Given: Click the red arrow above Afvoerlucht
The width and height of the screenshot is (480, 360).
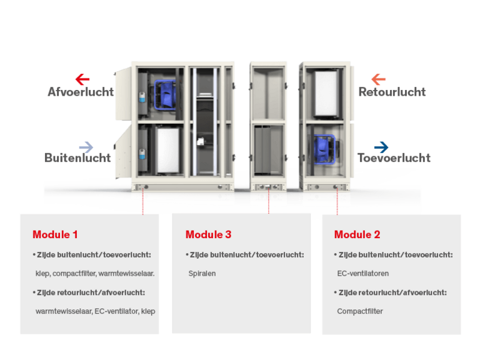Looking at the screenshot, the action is click(x=82, y=79).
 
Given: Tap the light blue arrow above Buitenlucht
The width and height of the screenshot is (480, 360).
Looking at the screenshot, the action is click(x=86, y=147).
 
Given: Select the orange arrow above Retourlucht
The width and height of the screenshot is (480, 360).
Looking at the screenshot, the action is click(x=378, y=79).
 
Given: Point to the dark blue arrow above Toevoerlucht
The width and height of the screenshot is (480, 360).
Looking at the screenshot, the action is click(x=381, y=147).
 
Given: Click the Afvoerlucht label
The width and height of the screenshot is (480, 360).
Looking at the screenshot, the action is click(x=81, y=92).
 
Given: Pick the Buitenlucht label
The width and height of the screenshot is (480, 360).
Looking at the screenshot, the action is click(x=77, y=158).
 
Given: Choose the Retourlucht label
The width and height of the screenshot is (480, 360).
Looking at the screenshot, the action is click(x=392, y=92).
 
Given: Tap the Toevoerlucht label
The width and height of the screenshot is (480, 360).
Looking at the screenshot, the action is click(x=394, y=158).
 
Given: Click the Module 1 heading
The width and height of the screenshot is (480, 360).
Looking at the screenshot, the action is click(x=55, y=234).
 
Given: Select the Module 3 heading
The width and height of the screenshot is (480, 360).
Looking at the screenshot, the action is click(x=209, y=234).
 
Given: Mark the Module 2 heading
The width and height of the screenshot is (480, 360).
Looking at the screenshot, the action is click(x=357, y=234).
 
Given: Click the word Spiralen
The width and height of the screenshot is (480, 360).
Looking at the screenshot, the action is click(x=202, y=274).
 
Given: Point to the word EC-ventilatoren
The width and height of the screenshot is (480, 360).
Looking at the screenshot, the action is click(x=362, y=274).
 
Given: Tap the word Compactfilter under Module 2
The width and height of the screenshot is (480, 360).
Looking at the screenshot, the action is click(x=360, y=311).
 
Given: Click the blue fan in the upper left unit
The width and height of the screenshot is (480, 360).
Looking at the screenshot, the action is click(x=165, y=94).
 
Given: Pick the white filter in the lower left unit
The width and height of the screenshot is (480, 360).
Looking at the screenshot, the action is click(x=167, y=150).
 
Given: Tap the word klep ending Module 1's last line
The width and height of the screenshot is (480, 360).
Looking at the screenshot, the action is click(x=148, y=311).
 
